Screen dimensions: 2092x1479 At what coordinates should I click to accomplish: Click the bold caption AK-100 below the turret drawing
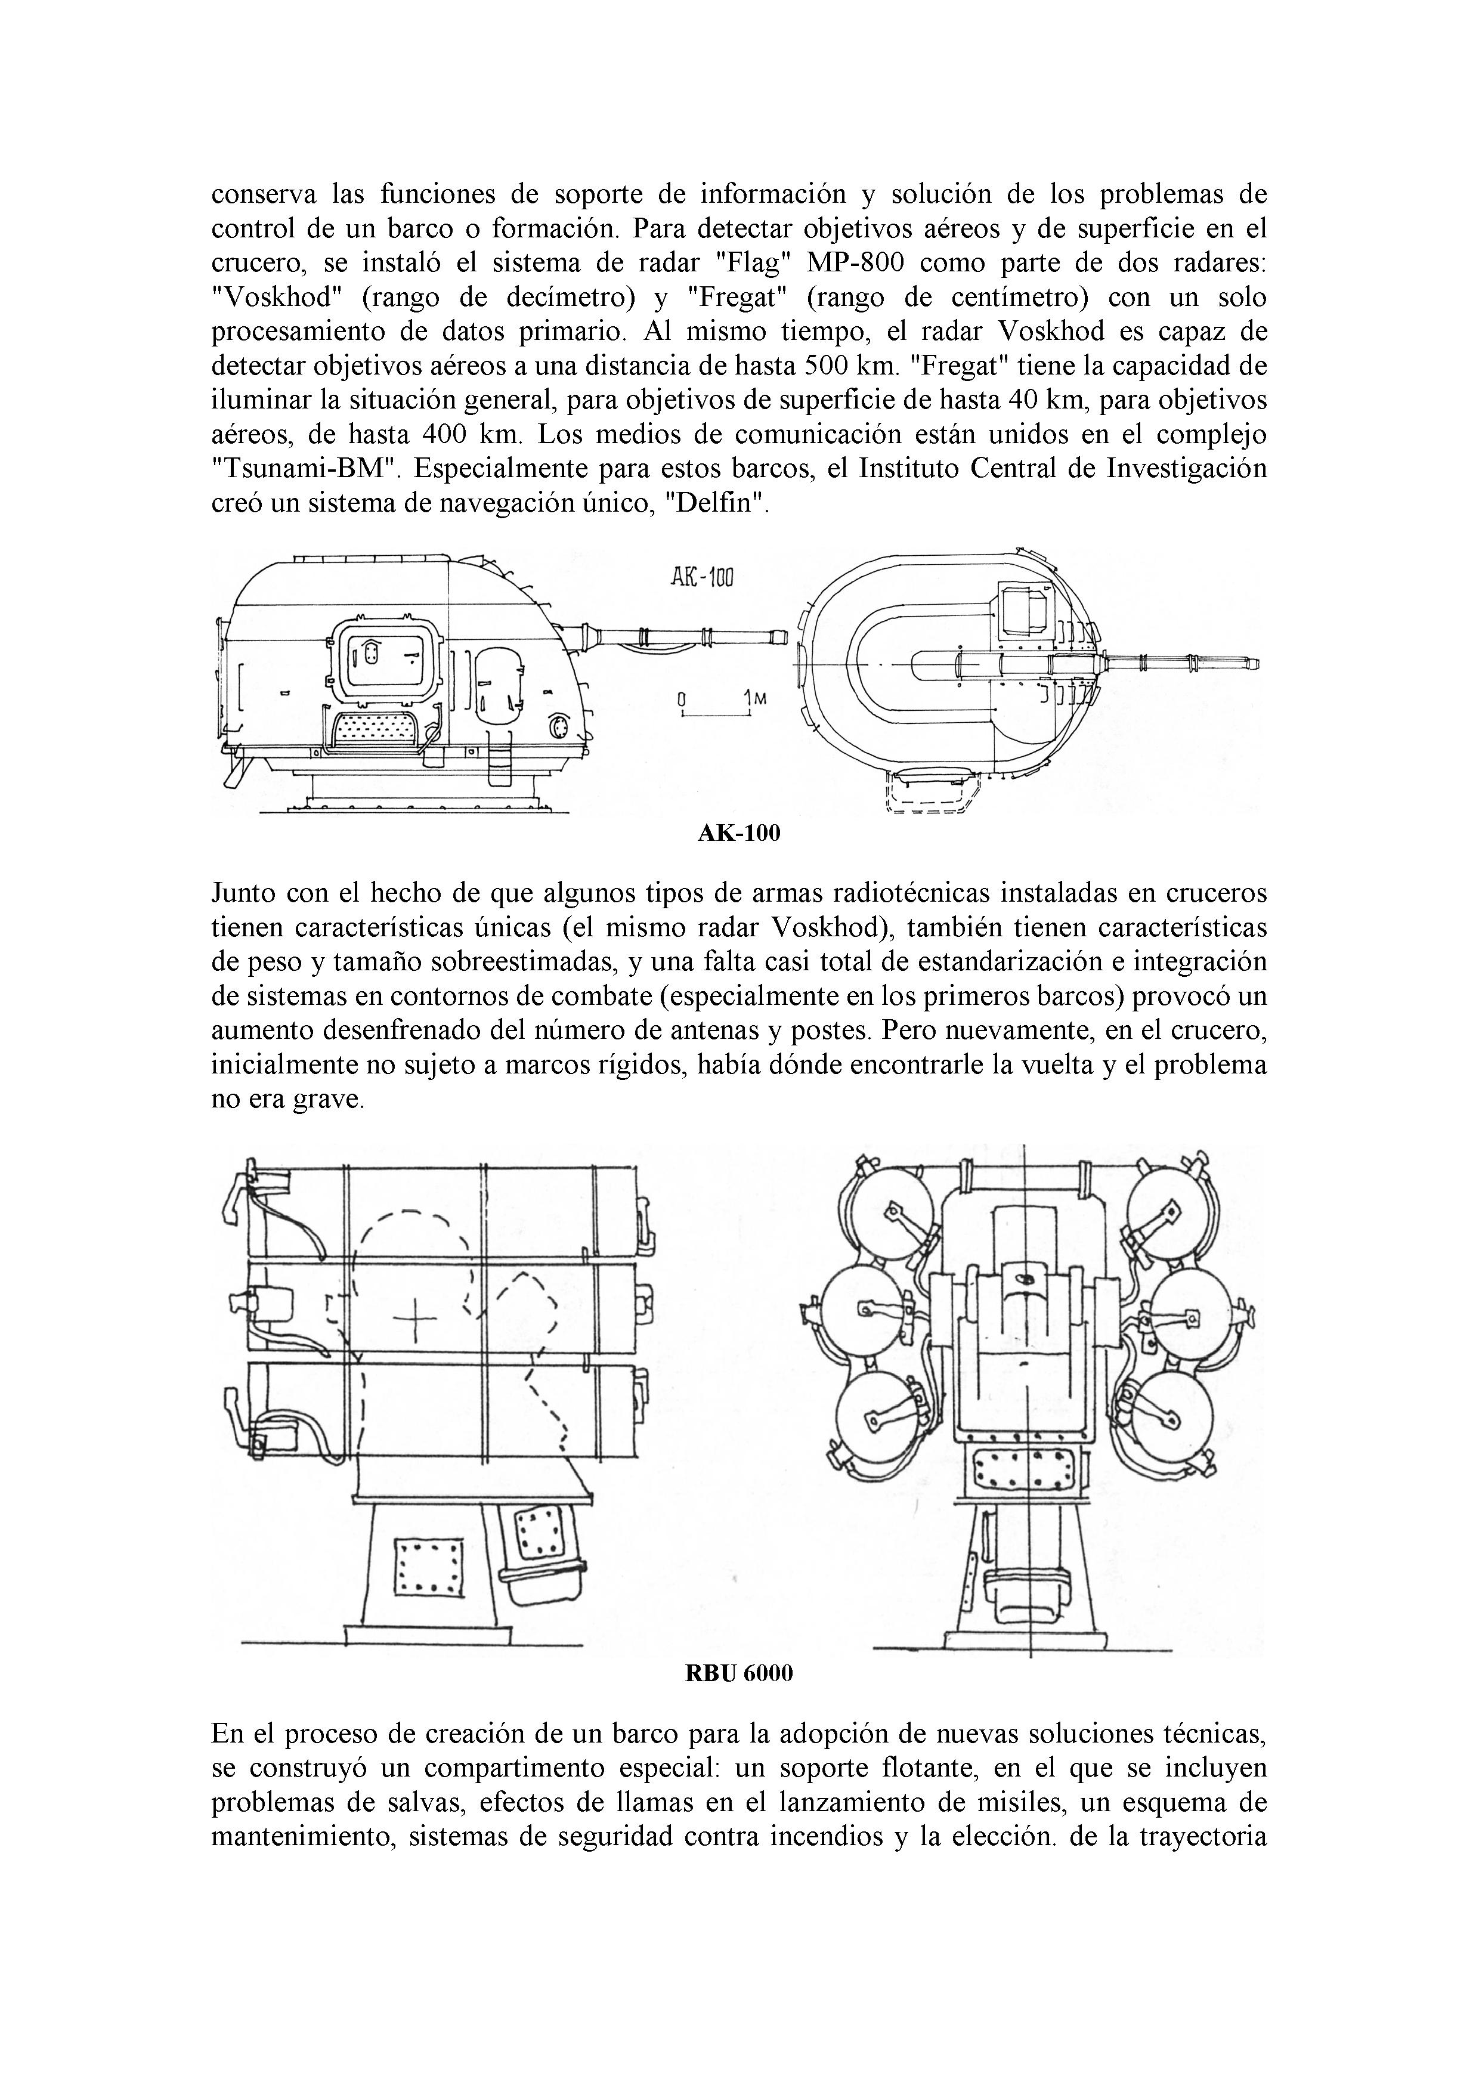pos(739,833)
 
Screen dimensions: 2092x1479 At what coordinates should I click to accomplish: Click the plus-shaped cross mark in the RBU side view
pos(414,1319)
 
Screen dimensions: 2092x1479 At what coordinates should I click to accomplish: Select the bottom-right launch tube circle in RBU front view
pos(1175,1412)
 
